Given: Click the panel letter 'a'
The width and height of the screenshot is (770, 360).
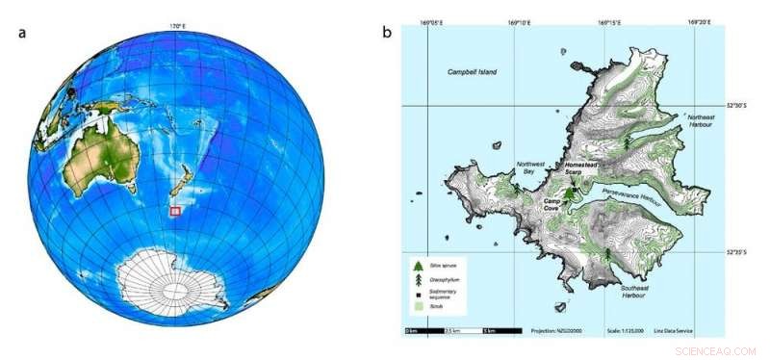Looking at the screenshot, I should click(21, 32).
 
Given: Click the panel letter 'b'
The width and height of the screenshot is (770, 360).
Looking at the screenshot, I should click(387, 32).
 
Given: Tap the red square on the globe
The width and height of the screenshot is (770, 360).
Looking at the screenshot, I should click(175, 210).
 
